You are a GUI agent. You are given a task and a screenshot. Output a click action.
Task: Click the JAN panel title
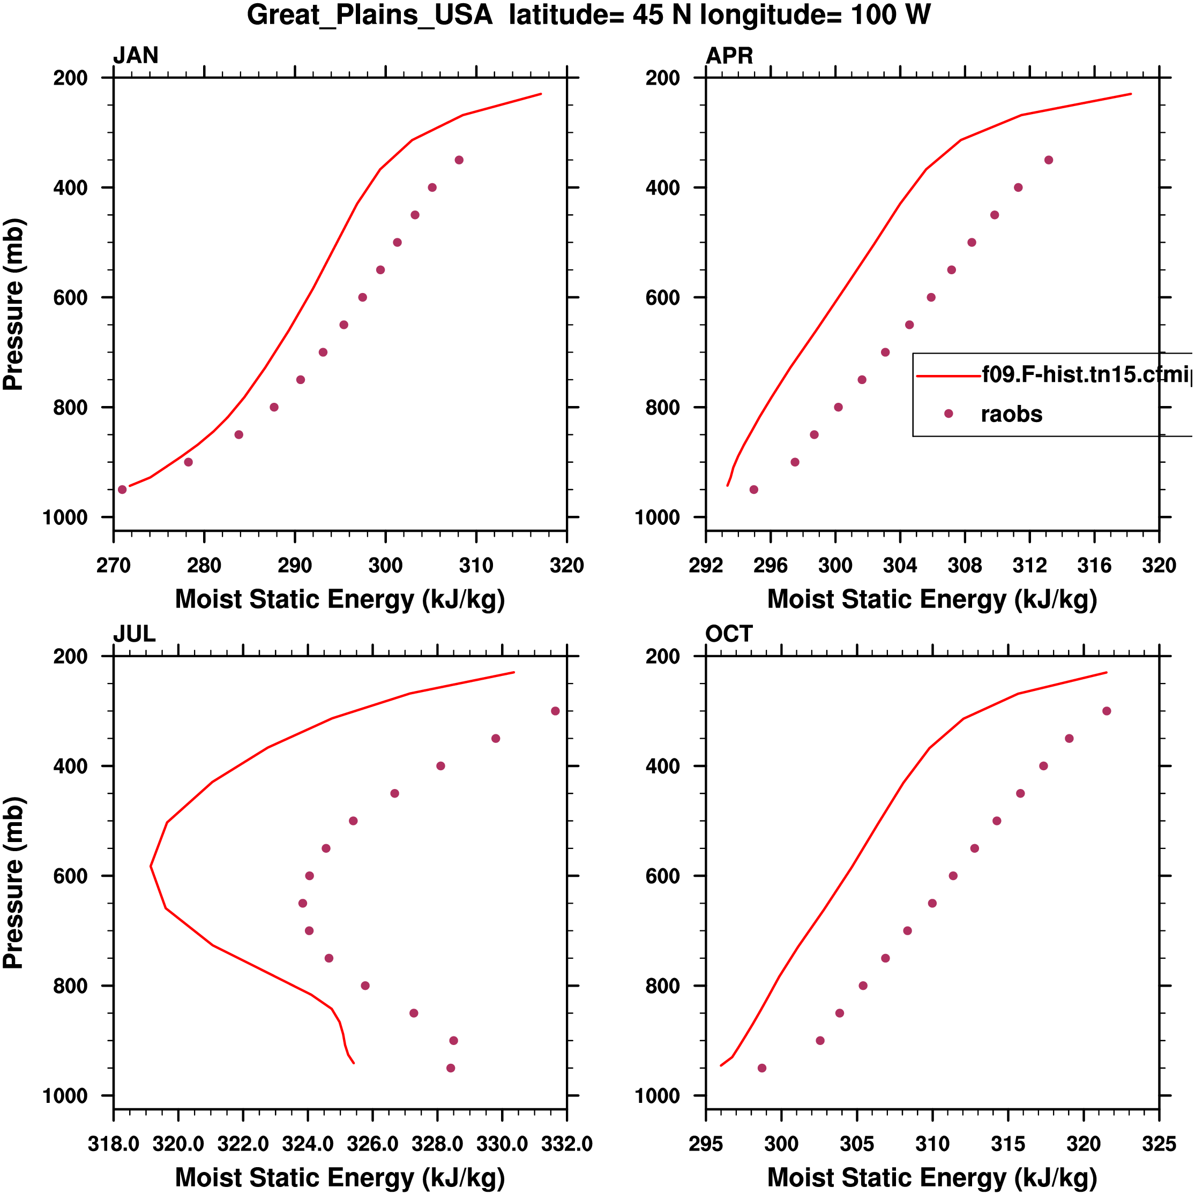tap(136, 56)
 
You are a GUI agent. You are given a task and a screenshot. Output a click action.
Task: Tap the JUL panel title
tap(133, 634)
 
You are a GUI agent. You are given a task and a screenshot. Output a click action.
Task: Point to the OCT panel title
tap(728, 634)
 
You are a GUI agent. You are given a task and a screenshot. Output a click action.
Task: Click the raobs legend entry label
tap(1011, 415)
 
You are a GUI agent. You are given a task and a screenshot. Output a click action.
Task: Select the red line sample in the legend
tap(948, 375)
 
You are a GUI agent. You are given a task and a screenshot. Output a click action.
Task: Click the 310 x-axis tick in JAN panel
tap(476, 565)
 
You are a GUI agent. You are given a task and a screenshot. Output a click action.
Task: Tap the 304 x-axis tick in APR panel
tap(900, 565)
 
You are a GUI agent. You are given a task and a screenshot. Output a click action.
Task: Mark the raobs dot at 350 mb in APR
tap(1048, 160)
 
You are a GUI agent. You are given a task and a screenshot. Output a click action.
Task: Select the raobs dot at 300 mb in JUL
tap(555, 711)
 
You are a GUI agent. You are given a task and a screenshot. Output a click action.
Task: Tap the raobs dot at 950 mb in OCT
tap(762, 1068)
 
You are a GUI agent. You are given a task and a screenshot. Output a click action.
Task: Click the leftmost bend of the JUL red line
tap(151, 866)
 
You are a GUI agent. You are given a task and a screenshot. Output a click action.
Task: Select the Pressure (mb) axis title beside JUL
tap(13, 883)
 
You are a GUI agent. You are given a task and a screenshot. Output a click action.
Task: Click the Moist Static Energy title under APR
tap(932, 599)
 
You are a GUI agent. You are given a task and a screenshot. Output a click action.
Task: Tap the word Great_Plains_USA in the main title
tap(369, 15)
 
